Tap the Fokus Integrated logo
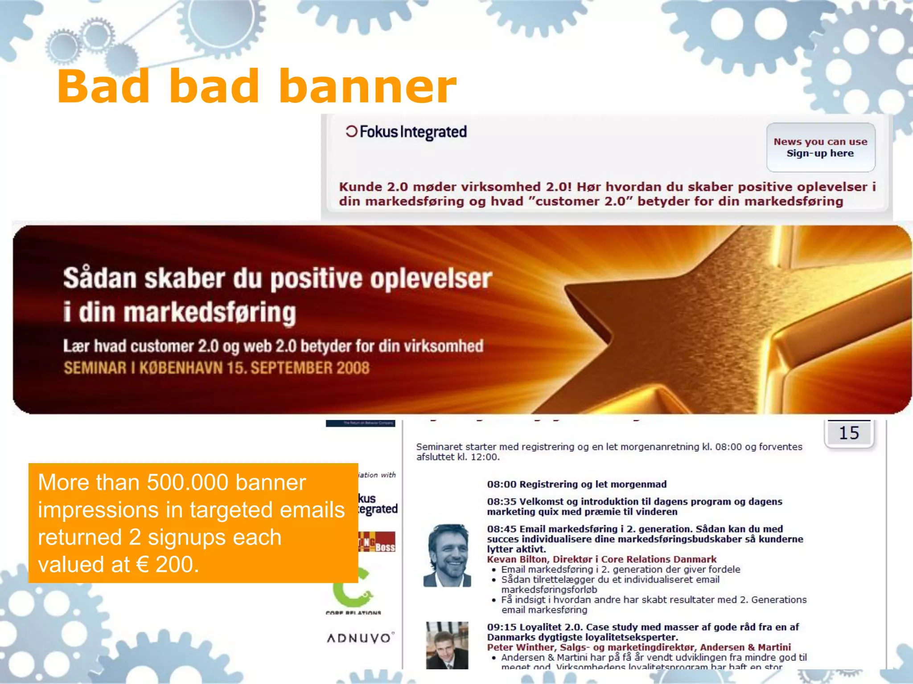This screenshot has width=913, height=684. click(x=406, y=132)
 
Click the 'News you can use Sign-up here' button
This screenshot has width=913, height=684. click(x=820, y=147)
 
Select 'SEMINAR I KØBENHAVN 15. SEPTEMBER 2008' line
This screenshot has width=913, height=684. click(x=217, y=368)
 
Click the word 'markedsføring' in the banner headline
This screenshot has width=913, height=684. click(x=210, y=313)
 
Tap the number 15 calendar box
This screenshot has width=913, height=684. click(x=849, y=433)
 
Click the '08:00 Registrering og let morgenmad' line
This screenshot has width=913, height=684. click(x=576, y=484)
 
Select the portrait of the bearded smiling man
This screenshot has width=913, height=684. click(x=447, y=555)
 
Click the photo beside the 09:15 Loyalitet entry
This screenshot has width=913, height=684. click(x=447, y=645)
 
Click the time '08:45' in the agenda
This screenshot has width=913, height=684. click(x=501, y=529)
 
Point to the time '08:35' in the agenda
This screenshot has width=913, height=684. click(x=501, y=502)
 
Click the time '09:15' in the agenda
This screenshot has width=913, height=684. click(x=501, y=627)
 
